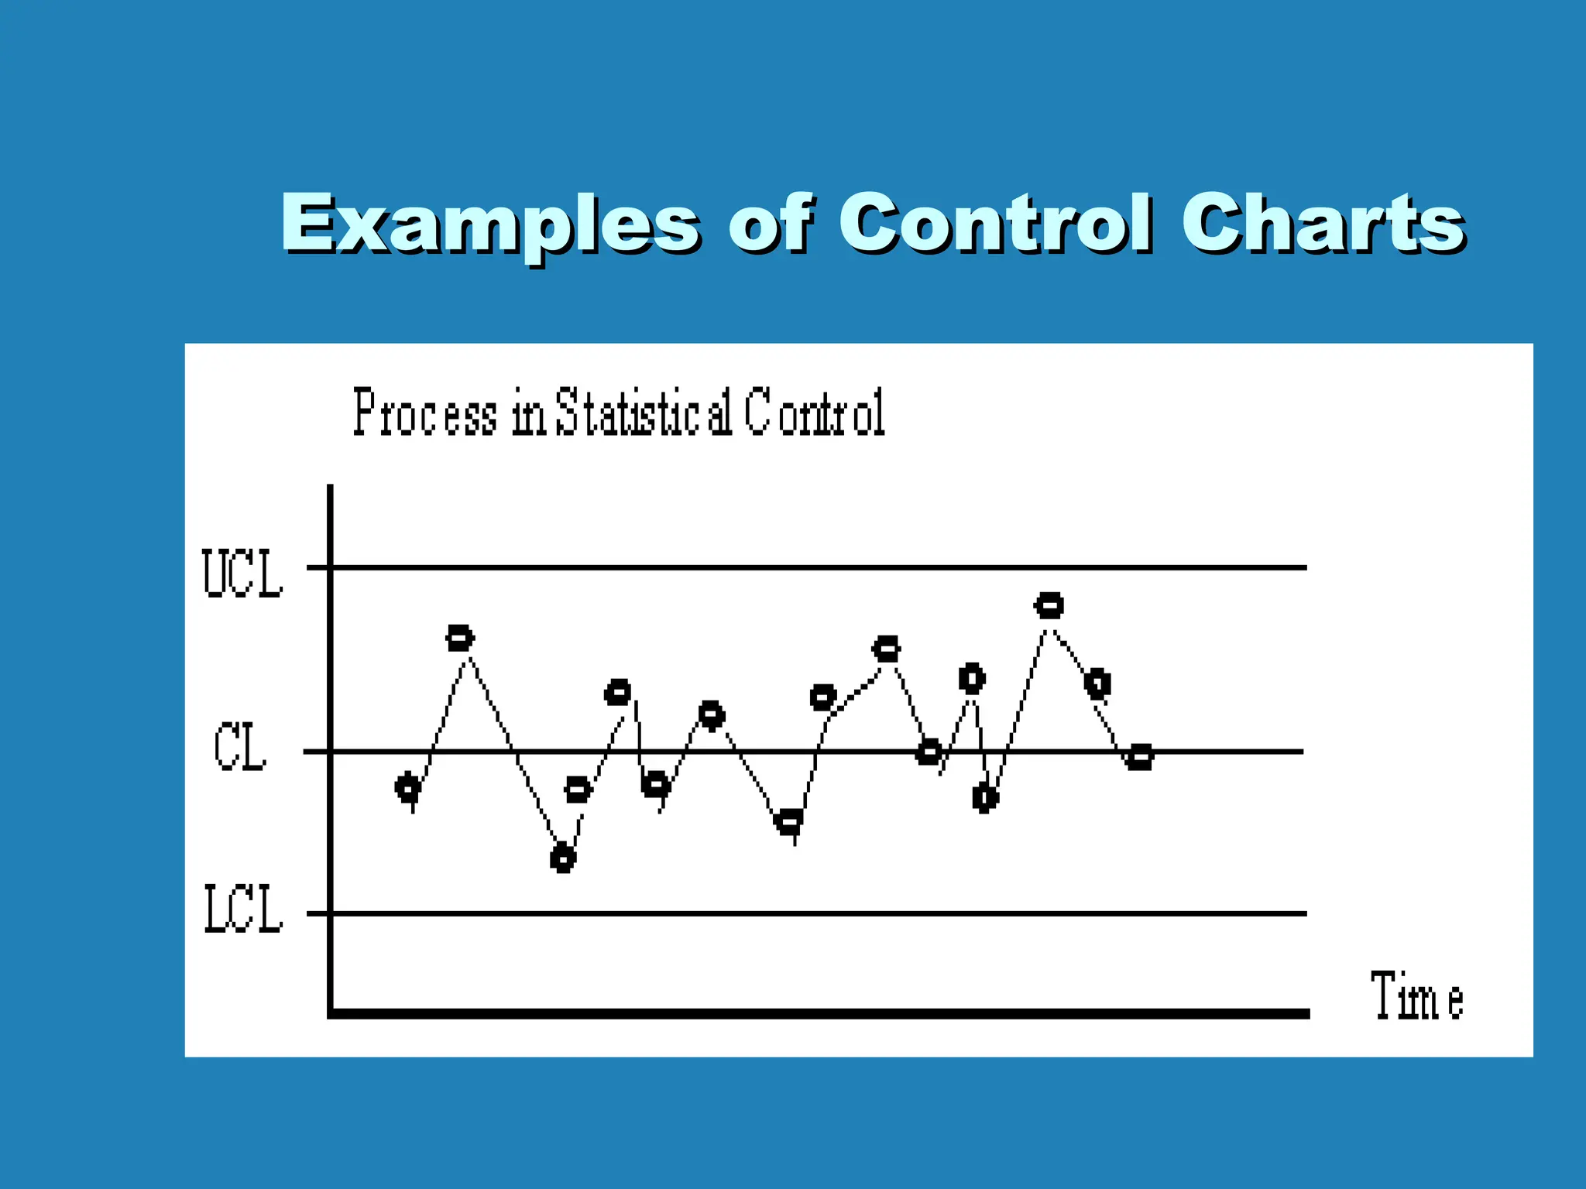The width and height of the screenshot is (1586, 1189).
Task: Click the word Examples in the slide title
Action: point(489,224)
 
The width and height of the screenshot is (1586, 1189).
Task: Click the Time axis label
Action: point(1416,995)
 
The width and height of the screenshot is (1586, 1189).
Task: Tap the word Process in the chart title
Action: point(425,413)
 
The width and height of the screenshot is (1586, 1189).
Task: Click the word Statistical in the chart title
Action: point(644,413)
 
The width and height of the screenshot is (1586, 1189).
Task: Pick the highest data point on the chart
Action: point(1049,605)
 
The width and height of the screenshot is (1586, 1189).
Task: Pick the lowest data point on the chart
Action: point(563,858)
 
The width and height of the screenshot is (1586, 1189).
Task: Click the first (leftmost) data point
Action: point(408,788)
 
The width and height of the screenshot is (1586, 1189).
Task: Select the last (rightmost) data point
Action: point(1139,756)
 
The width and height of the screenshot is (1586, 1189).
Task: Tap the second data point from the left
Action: point(460,639)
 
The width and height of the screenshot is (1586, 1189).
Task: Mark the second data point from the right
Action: point(1097,684)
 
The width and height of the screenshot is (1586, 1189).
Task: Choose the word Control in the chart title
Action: point(815,413)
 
